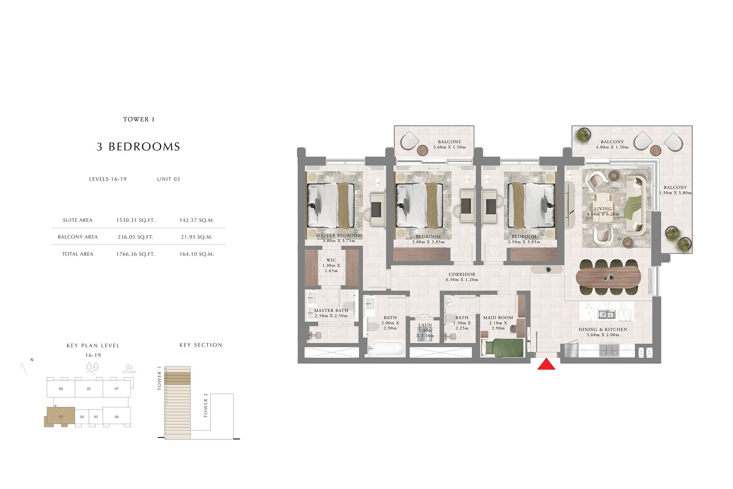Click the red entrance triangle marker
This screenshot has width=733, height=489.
click(x=546, y=365)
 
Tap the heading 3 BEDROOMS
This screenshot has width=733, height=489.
click(x=138, y=147)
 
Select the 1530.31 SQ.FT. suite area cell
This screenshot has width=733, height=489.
click(x=135, y=220)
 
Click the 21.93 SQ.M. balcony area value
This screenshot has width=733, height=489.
click(x=197, y=237)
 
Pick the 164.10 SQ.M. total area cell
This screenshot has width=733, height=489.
click(x=197, y=254)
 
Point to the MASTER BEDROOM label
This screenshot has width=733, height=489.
click(x=339, y=236)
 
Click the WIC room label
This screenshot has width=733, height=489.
click(x=331, y=260)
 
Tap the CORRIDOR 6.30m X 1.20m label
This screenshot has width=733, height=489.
click(x=462, y=277)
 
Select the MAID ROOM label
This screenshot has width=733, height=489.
click(x=498, y=318)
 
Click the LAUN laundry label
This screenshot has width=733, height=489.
click(x=425, y=326)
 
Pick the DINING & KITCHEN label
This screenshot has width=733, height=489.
click(x=602, y=330)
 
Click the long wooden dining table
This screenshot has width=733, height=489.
click(x=609, y=278)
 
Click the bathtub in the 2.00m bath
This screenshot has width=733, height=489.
click(x=386, y=349)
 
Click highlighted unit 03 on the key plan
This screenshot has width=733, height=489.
click(x=59, y=417)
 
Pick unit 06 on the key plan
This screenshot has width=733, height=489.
click(x=117, y=417)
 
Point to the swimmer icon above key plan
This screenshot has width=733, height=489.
click(x=129, y=369)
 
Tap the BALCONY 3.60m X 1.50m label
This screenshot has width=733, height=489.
click(x=449, y=144)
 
